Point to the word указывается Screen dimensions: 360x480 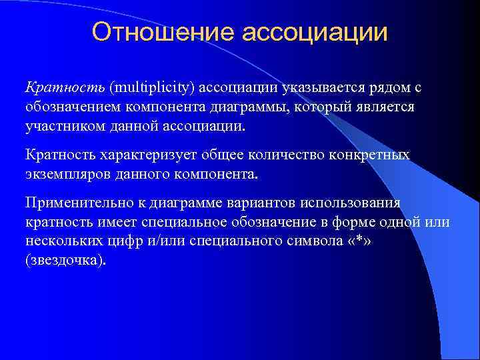tap(322, 87)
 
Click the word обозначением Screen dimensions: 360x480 tap(75, 107)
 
